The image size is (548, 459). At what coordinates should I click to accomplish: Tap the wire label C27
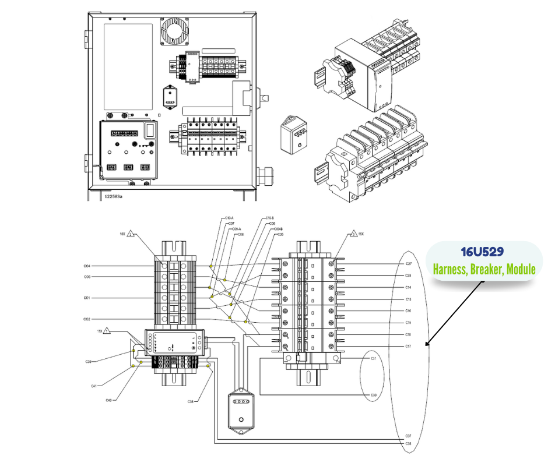tap(409, 264)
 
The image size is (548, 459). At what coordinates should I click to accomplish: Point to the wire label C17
tap(409, 346)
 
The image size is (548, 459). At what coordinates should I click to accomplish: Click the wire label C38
tap(409, 443)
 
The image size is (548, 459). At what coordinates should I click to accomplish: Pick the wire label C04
tap(87, 266)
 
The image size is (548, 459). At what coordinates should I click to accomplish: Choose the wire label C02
tap(87, 319)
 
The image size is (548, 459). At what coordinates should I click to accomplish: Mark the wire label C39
tap(88, 362)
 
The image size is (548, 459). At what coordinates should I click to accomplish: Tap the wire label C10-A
tap(229, 218)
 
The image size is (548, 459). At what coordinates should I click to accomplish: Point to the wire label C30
tap(374, 395)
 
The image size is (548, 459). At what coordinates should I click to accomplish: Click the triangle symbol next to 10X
tap(132, 234)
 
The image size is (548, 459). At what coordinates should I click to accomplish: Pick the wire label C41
tap(93, 386)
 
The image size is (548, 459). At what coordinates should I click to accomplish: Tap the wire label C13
tap(409, 299)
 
